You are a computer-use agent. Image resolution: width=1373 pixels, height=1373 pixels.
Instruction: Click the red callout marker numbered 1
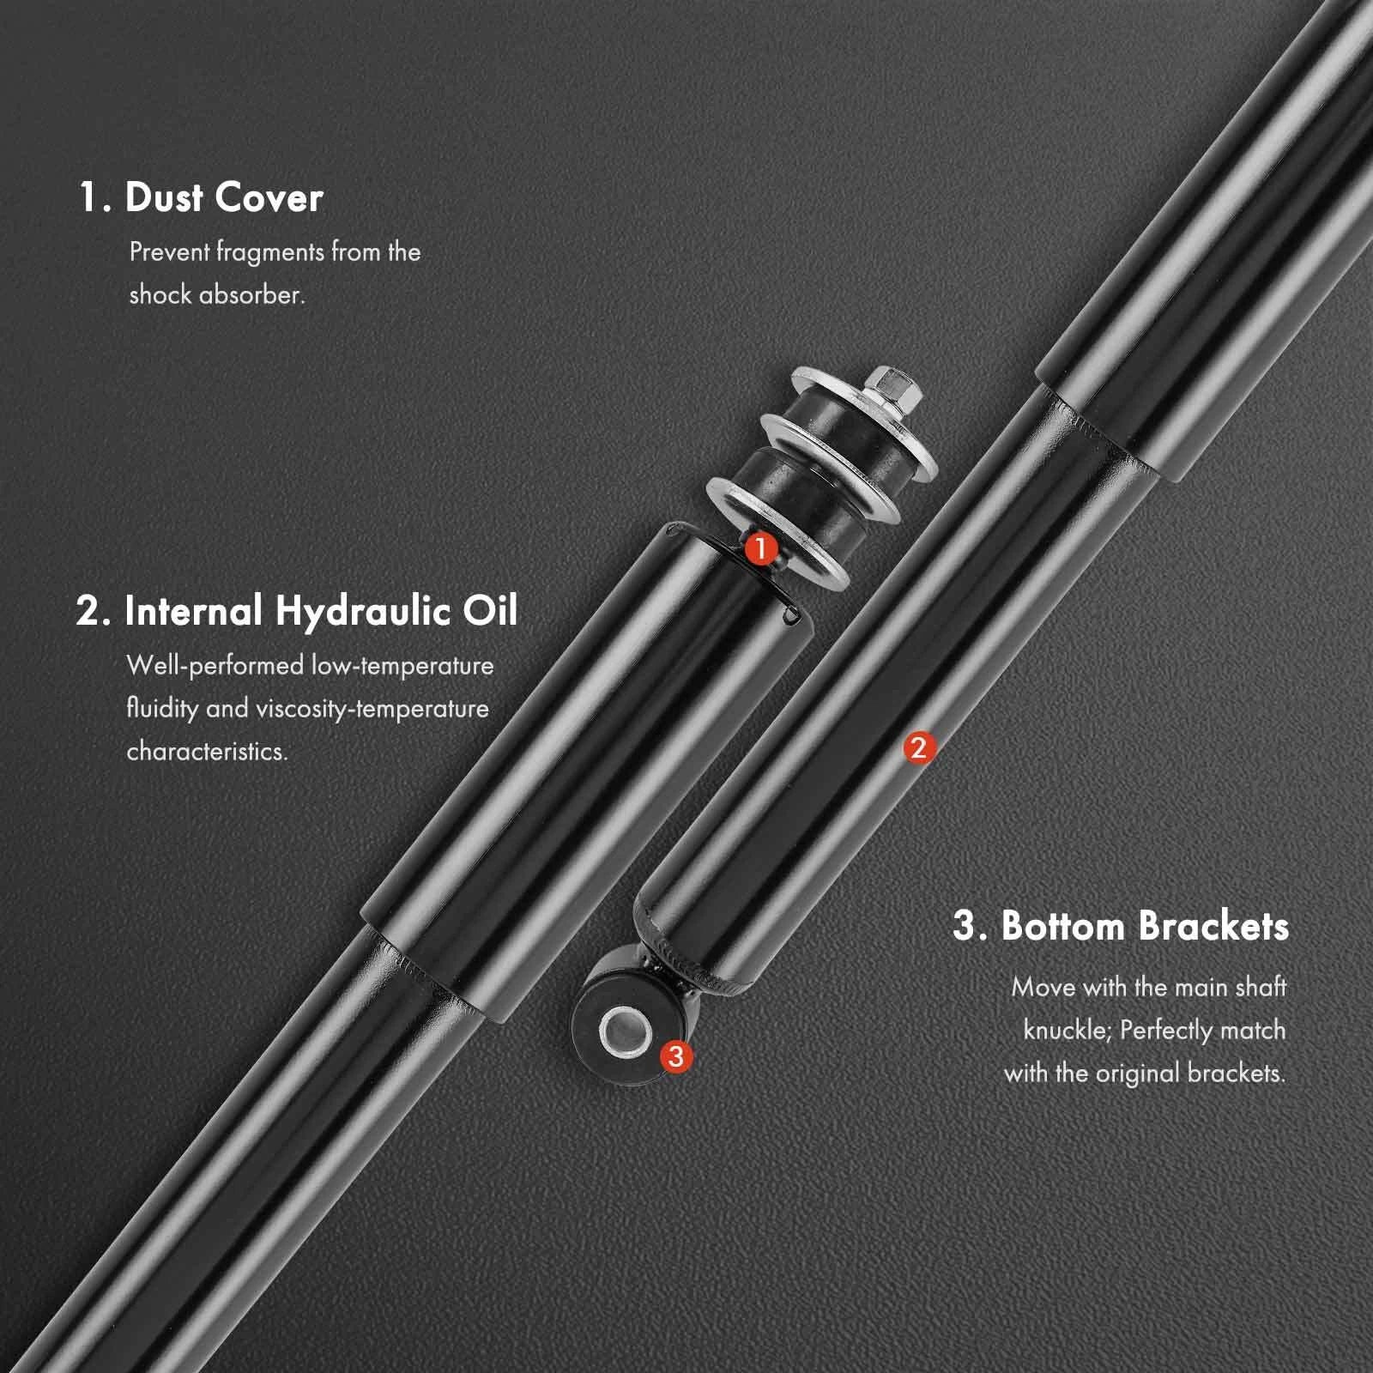click(760, 548)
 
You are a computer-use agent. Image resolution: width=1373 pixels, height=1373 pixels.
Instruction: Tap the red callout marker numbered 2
click(919, 748)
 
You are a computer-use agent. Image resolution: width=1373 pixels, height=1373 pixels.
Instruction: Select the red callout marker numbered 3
click(676, 1055)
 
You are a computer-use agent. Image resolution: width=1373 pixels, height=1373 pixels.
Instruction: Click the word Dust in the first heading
click(164, 197)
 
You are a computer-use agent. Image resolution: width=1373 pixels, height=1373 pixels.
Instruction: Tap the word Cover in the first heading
click(269, 198)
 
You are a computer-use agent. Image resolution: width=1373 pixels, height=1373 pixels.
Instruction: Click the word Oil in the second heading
click(491, 611)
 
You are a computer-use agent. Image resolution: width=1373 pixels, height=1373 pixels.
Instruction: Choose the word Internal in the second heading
click(193, 611)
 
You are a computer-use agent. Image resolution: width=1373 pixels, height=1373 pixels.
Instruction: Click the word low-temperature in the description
click(402, 666)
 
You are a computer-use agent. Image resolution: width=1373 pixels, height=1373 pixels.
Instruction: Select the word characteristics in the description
click(207, 751)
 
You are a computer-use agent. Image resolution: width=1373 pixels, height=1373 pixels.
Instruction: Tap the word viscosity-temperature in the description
click(372, 709)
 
